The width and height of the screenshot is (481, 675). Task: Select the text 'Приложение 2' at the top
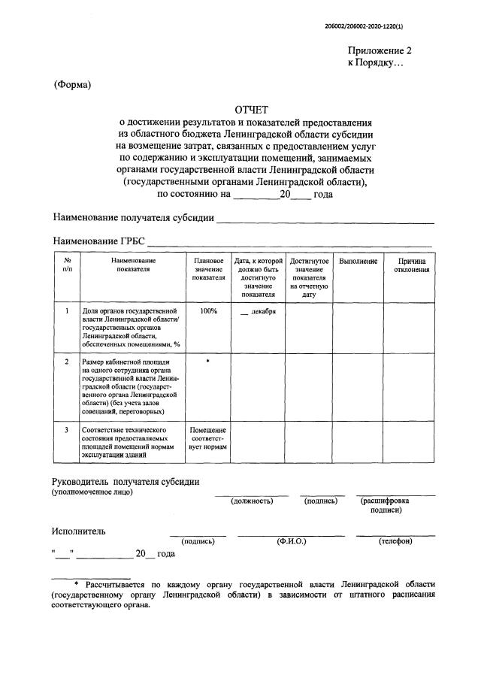tap(379, 51)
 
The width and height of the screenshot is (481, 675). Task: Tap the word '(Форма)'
tap(72, 84)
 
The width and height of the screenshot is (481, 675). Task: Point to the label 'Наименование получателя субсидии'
tap(133, 218)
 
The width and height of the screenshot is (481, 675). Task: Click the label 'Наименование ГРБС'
tap(98, 242)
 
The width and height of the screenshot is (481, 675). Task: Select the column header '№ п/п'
tap(67, 265)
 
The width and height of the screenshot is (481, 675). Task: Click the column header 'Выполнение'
tap(358, 261)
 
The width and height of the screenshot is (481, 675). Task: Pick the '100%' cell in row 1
tap(208, 310)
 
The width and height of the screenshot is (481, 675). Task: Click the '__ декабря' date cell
tap(258, 311)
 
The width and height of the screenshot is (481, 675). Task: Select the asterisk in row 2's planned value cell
tap(208, 362)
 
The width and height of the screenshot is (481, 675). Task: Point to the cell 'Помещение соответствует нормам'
tap(208, 438)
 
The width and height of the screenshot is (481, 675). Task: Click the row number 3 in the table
tap(67, 430)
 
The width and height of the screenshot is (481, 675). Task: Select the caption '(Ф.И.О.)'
tap(291, 540)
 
